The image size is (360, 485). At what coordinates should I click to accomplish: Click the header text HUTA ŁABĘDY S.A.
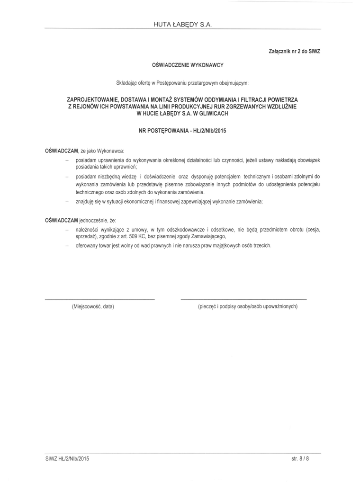[182, 25]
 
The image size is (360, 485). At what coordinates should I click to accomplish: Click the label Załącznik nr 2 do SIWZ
[295, 50]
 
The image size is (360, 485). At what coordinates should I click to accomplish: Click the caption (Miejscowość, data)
[93, 307]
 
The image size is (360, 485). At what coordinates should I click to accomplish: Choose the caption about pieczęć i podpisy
[247, 307]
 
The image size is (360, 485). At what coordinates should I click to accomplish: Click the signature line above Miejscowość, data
[99, 300]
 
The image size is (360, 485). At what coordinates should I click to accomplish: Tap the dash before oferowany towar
[67, 245]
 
